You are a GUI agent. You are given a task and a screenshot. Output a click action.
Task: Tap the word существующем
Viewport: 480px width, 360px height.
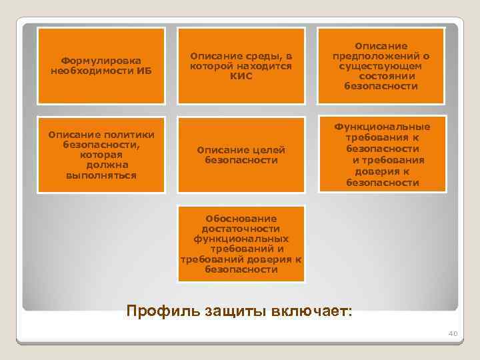[x=381, y=66]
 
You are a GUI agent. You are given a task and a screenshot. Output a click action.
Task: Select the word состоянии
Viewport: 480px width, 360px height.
[x=381, y=76]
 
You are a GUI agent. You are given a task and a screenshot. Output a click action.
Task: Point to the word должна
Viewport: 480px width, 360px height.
[x=102, y=165]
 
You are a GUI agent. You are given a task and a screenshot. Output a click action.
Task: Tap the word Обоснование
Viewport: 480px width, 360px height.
[x=241, y=218]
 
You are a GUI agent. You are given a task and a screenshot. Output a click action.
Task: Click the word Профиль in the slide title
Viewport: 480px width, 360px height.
[x=158, y=311]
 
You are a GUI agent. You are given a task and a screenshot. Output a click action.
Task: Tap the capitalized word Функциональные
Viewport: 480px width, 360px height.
[x=381, y=127]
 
